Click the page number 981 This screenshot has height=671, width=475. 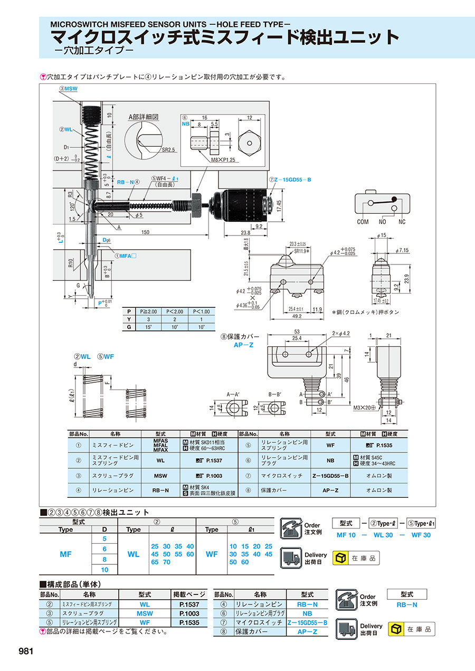pos(26,651)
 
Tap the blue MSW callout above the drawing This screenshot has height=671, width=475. pos(69,89)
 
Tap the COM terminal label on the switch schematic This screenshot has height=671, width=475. pos(363,222)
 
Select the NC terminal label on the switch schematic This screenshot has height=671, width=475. pos(402,222)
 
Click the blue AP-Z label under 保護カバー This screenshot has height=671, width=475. pos(244,345)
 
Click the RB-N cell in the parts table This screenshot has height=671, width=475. pos(160,490)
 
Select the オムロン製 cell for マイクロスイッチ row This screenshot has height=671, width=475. pos(379,475)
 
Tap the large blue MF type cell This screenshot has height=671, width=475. pos(65,554)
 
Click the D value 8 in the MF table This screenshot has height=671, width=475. pos(104,559)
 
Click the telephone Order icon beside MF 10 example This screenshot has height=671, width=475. pos(290,528)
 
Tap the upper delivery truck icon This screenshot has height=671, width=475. pos(290,558)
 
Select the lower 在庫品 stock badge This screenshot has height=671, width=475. pos(412,629)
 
